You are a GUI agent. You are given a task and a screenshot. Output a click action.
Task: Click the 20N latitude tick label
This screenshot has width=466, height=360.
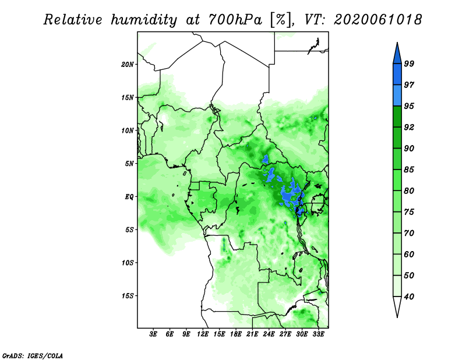coord(128,65)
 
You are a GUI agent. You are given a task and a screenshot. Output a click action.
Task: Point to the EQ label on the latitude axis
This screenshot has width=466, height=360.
coord(129,197)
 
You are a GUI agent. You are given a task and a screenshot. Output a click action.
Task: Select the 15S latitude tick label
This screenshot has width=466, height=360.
coord(128,296)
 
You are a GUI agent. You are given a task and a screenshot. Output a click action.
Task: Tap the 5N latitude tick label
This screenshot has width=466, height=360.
coord(129,164)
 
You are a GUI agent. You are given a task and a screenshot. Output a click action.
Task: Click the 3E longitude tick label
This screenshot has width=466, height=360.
coord(153,334)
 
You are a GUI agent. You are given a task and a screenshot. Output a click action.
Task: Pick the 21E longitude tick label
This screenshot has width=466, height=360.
coord(252,334)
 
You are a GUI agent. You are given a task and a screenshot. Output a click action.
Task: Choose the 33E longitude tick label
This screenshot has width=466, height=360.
coord(318,334)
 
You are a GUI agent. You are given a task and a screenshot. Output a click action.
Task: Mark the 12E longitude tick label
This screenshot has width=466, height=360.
coord(203,334)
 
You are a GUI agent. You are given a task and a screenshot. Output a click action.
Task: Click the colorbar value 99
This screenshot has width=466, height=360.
coord(409,63)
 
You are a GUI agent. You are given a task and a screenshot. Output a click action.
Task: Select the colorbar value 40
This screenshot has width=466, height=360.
coord(409,297)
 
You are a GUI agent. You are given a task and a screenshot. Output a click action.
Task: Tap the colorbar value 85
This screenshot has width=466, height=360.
coord(409,170)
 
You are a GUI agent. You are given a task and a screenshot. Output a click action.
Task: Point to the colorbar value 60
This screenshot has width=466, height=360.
coord(409,254)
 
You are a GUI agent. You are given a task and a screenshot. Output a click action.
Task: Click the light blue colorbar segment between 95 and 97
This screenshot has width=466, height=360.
coord(397,96)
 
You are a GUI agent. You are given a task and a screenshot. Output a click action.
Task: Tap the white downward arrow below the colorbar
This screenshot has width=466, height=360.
coord(397,307)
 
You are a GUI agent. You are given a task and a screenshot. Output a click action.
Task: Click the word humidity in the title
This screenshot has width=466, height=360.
coord(144,20)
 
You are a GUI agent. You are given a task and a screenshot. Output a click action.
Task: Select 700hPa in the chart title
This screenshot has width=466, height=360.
coord(235,20)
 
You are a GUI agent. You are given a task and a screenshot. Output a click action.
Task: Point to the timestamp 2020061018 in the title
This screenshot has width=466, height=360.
coord(377,19)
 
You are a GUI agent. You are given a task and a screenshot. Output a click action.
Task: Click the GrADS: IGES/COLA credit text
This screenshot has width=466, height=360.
coord(33,355)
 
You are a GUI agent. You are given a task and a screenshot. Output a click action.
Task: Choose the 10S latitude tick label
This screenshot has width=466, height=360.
coord(128,263)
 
